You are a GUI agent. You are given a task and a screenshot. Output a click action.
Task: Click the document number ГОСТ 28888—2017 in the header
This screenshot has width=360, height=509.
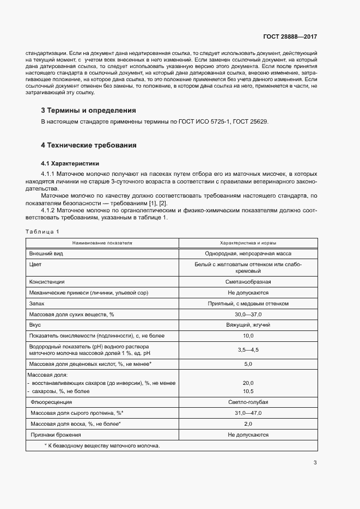(290, 37)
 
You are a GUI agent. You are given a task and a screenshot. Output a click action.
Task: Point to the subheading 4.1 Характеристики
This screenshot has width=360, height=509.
(70, 163)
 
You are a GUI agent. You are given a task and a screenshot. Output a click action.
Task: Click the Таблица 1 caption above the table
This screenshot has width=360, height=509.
(42, 231)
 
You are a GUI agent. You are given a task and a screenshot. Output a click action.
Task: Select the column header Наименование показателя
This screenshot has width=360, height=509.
(102, 243)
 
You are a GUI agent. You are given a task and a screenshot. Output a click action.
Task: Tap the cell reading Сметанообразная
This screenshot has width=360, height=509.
(248, 282)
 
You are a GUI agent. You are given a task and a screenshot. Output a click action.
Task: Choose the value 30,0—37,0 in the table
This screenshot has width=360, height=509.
(248, 315)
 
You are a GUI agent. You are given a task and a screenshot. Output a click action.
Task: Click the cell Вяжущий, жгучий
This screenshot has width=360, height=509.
(248, 325)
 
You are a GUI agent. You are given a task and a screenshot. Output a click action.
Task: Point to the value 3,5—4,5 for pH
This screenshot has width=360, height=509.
(248, 350)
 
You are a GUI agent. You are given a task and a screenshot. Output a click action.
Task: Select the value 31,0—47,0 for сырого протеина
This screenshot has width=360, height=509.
(248, 413)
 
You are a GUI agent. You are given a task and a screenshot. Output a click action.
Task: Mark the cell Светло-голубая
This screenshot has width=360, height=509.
(248, 402)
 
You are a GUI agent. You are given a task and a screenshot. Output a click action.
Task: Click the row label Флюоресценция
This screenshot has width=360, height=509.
(51, 402)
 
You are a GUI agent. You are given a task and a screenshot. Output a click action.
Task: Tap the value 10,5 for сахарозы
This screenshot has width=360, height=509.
(248, 391)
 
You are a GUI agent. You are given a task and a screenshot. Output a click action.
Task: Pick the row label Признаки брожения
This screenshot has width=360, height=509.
(56, 435)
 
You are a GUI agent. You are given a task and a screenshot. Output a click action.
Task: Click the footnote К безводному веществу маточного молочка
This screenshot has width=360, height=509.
(102, 446)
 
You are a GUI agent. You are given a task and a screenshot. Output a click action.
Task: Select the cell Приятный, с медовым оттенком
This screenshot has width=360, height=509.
(248, 303)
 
